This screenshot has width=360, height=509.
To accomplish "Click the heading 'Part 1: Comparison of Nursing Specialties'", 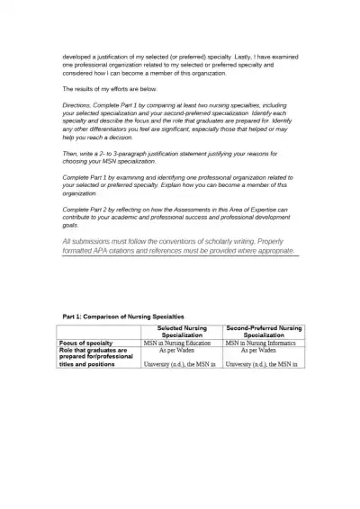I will point(123,317).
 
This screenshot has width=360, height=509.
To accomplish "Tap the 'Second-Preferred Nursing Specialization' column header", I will point(263,332).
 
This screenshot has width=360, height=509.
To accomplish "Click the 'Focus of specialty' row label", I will point(86,343).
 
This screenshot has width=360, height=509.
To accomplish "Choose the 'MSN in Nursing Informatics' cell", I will point(263,343).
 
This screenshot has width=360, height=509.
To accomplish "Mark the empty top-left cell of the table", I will point(99,332).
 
